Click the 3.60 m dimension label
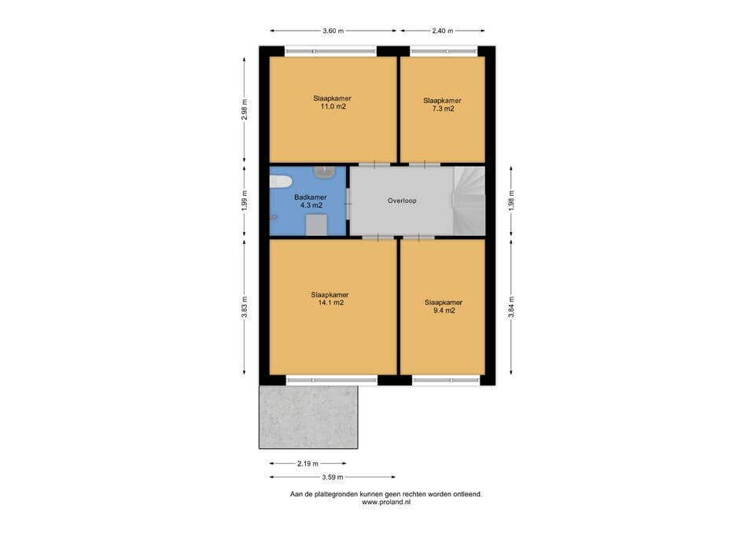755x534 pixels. [333, 31]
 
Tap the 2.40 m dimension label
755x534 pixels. [443, 31]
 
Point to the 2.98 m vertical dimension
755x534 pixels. [245, 110]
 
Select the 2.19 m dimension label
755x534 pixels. [308, 464]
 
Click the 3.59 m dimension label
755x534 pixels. [333, 477]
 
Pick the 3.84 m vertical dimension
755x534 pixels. [511, 307]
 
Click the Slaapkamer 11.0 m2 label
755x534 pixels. [332, 102]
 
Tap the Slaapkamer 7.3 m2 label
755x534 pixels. [443, 105]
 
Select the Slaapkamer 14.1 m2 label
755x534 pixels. [330, 299]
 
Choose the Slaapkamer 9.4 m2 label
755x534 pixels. [444, 306]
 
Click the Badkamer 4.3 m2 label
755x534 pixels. [311, 201]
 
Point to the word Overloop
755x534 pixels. [402, 201]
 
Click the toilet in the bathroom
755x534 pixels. [281, 182]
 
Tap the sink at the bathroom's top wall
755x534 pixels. [326, 172]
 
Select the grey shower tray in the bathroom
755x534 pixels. [317, 226]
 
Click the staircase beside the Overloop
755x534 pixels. [469, 201]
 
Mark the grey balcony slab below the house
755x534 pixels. [308, 417]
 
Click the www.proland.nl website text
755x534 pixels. [386, 502]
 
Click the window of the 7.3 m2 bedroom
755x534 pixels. [444, 51]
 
